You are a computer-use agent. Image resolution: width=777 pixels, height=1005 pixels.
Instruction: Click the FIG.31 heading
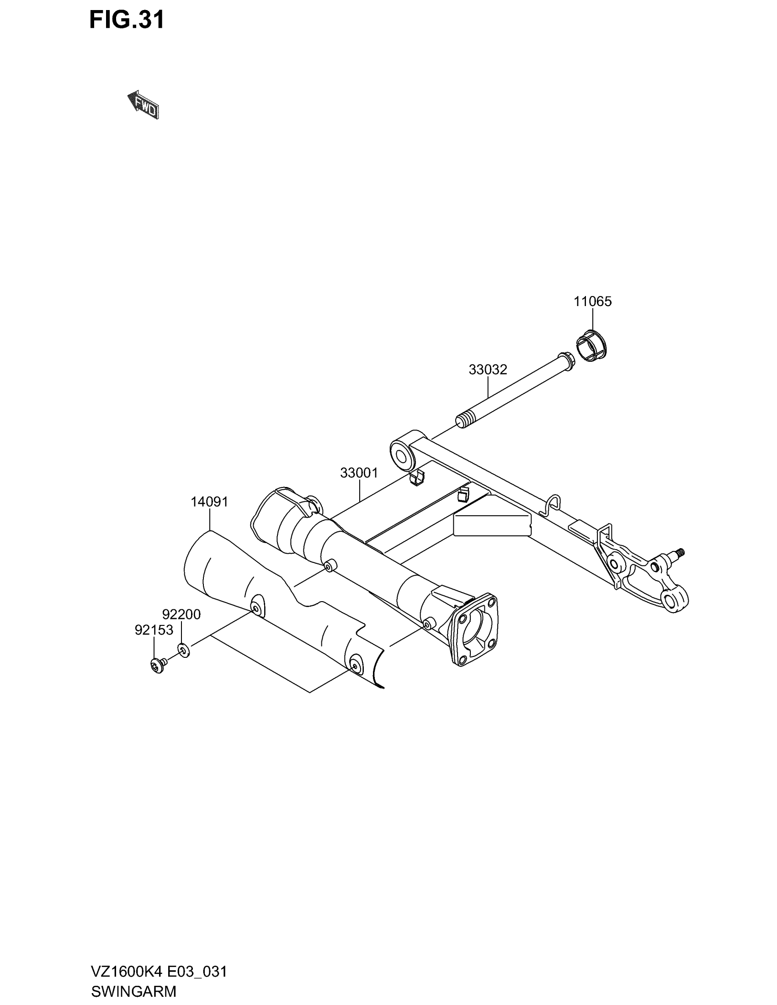(x=127, y=21)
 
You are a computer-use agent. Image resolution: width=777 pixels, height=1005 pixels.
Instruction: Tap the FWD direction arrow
(x=144, y=106)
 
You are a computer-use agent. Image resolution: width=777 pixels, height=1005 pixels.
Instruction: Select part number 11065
(x=592, y=302)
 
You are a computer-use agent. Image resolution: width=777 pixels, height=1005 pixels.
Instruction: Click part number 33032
(x=488, y=370)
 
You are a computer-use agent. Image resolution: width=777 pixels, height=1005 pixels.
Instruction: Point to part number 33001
(x=359, y=473)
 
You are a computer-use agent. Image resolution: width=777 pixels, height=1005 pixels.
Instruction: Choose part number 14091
(x=209, y=502)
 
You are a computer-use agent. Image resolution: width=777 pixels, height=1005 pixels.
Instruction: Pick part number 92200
(x=181, y=614)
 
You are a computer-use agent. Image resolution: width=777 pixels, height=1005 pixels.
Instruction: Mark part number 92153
(x=154, y=629)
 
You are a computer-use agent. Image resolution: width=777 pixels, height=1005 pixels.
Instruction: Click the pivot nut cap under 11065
(x=591, y=346)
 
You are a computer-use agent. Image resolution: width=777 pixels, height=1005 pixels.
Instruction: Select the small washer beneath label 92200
(x=183, y=650)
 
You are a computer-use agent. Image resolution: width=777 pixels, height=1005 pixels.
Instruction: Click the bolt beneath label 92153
(x=157, y=666)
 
